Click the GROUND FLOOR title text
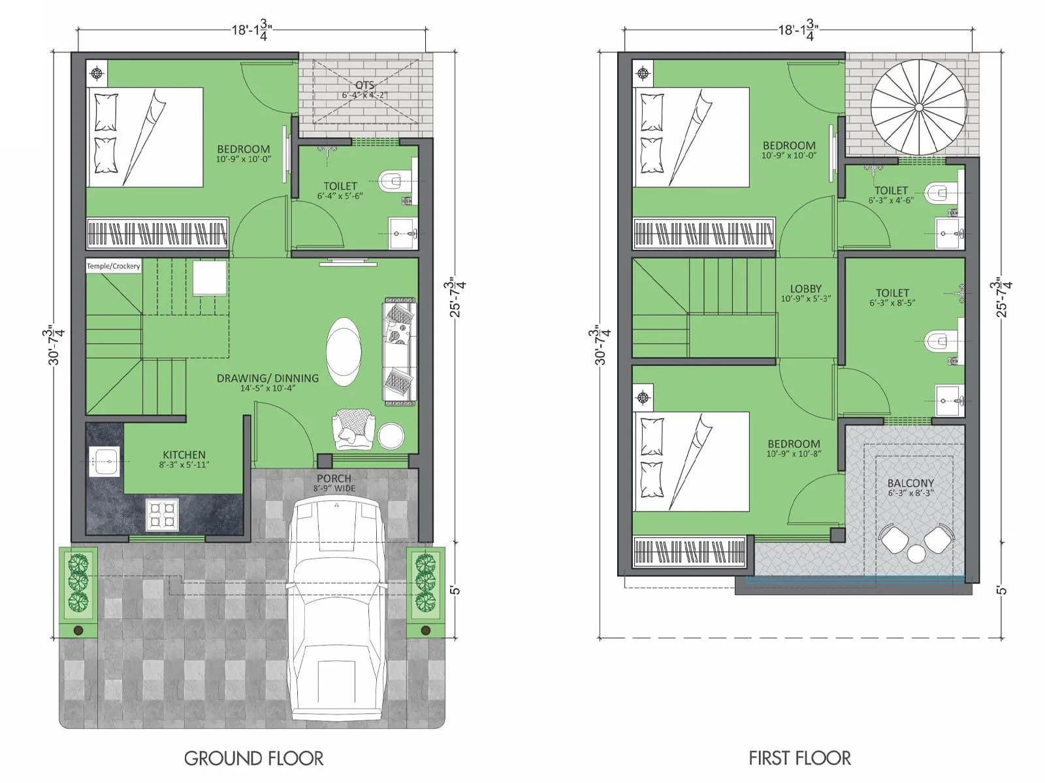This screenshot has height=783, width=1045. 253,758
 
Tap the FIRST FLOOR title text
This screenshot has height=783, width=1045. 799,758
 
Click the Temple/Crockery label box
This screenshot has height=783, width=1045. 114,266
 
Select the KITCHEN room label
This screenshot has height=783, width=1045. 184,455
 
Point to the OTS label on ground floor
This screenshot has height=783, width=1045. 364,85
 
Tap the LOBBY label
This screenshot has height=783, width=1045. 805,288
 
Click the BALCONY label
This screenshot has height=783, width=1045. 910,484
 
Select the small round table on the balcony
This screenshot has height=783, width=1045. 916,554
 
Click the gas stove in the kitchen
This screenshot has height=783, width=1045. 161,514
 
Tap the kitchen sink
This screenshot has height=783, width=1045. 103,461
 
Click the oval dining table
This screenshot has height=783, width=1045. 343,352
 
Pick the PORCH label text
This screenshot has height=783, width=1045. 334,478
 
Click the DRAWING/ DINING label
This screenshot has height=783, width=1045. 268,378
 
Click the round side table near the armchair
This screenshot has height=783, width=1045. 391,436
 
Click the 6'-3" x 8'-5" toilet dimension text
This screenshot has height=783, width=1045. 892,303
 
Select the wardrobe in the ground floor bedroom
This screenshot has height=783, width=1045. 157,234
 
